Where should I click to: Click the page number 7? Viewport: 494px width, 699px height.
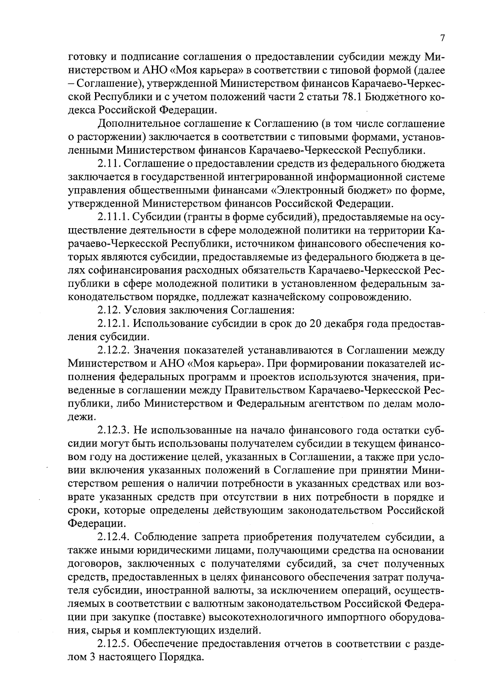[442, 38]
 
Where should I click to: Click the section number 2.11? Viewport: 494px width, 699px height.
[109, 164]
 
